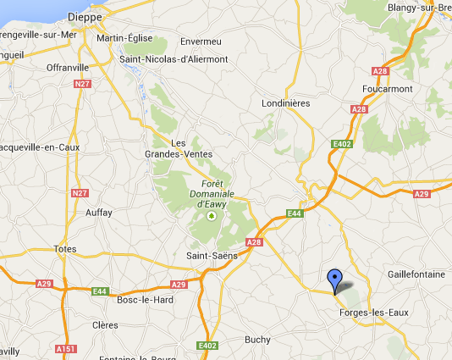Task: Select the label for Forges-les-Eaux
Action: click(x=373, y=313)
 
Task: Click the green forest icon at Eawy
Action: click(x=212, y=216)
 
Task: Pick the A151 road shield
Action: click(x=65, y=349)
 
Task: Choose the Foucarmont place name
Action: click(x=387, y=88)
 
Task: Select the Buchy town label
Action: click(x=256, y=340)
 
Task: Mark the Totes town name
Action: click(x=64, y=249)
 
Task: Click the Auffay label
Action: click(x=99, y=213)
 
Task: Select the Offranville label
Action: click(x=69, y=67)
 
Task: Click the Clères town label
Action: click(x=106, y=324)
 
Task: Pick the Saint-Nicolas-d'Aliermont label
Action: click(x=174, y=59)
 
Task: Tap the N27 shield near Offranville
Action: click(x=82, y=84)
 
